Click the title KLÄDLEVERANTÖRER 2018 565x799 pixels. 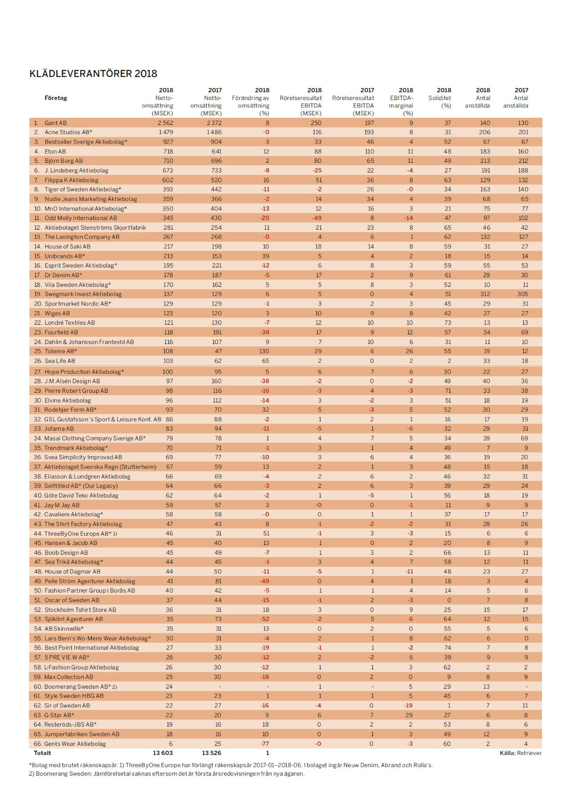pos(93,74)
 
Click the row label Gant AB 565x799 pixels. pos(56,123)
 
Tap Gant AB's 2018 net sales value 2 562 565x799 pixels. pos(165,123)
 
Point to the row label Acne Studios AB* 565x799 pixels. pos(68,132)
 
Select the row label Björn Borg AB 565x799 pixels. pos(64,161)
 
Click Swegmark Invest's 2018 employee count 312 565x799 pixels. pos(485,294)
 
